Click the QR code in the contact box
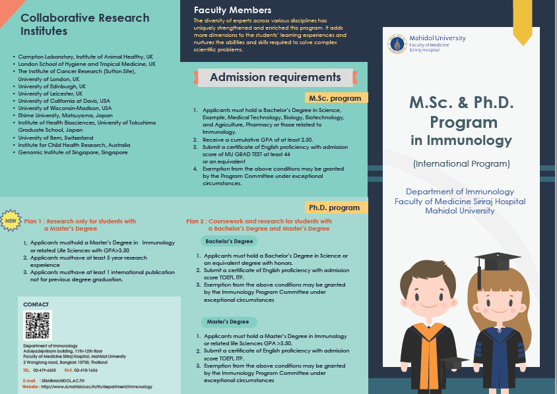click(38, 325)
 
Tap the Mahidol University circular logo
click(396, 44)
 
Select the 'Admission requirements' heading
click(275, 78)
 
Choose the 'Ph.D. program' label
click(335, 208)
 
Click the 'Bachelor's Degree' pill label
click(229, 241)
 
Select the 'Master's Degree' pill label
click(227, 322)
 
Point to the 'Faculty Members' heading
click(232, 10)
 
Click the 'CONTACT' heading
click(36, 304)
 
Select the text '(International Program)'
click(461, 163)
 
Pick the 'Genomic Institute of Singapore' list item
click(73, 152)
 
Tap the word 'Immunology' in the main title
click(470, 140)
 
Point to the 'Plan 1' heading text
click(80, 221)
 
